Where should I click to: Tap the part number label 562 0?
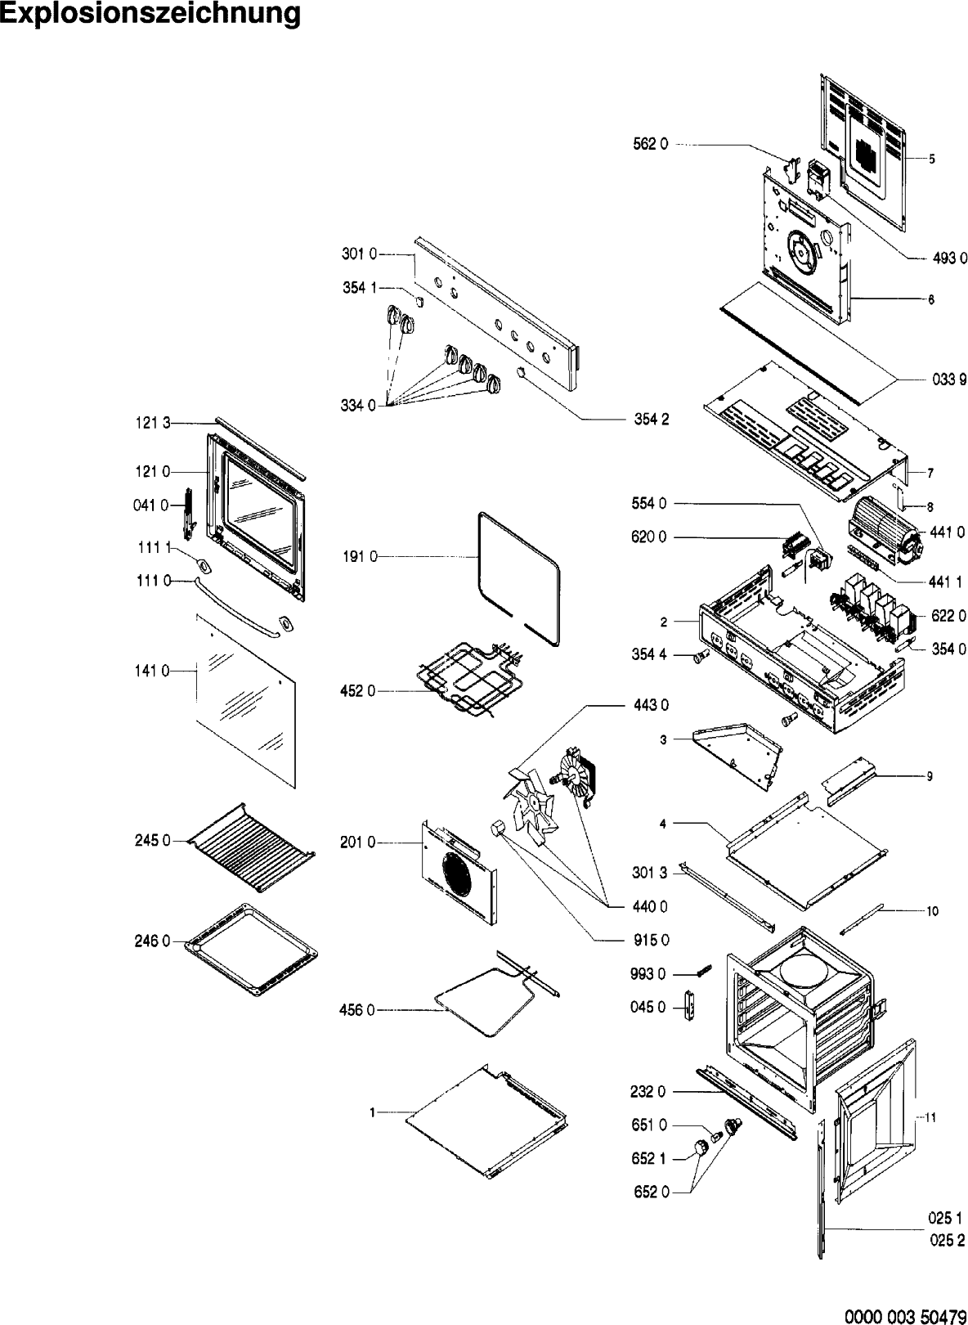click(651, 144)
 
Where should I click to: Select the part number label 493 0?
click(950, 258)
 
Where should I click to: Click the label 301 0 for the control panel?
click(359, 255)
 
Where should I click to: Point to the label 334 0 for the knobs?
click(358, 406)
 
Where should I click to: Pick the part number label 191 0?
click(360, 557)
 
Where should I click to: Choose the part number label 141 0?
click(153, 671)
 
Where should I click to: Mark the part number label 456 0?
click(357, 1011)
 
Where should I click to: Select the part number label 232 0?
click(649, 1092)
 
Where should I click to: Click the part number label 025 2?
click(947, 1242)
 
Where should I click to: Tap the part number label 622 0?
click(949, 616)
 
